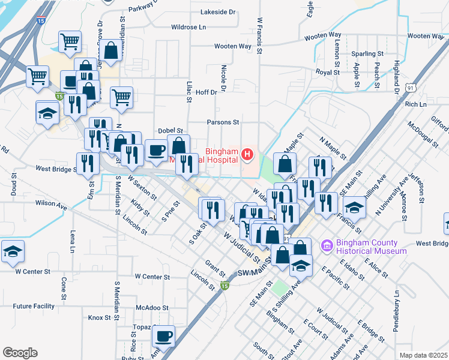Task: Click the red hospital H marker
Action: click(x=247, y=156)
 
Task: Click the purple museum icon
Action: click(x=327, y=246)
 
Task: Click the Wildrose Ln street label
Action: click(x=188, y=27)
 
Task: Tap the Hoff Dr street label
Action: click(x=206, y=92)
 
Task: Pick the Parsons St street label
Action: click(x=223, y=122)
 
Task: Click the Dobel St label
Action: click(x=170, y=130)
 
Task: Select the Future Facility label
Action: click(x=34, y=306)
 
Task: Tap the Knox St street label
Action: click(x=96, y=317)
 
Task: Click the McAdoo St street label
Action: click(x=151, y=307)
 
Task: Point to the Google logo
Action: click(x=20, y=352)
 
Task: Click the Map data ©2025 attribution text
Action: click(x=423, y=355)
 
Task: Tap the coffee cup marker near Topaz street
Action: click(x=163, y=337)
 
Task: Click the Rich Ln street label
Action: click(x=415, y=104)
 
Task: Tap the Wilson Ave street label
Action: click(x=51, y=204)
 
